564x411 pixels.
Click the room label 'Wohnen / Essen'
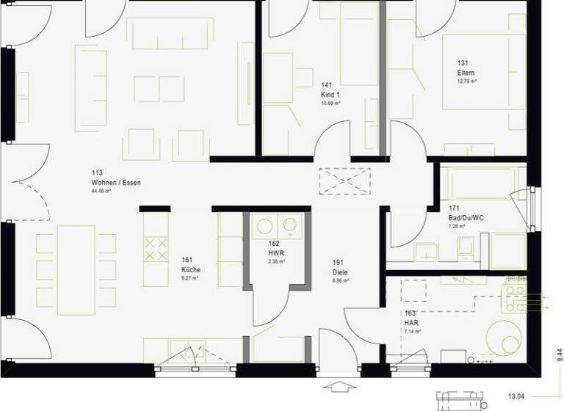(x=116, y=182)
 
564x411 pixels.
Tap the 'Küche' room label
(x=190, y=269)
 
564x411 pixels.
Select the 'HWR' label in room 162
(x=276, y=252)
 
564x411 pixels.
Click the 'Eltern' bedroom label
(x=466, y=73)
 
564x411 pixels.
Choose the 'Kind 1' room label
(x=330, y=95)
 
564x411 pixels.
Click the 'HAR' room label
(x=411, y=322)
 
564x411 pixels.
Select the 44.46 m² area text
(x=101, y=191)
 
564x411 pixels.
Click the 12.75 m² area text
(x=467, y=81)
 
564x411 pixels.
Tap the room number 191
(x=339, y=262)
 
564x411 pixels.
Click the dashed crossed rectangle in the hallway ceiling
(x=344, y=181)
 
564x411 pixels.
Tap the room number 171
(x=454, y=209)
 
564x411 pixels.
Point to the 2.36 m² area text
(x=276, y=261)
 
